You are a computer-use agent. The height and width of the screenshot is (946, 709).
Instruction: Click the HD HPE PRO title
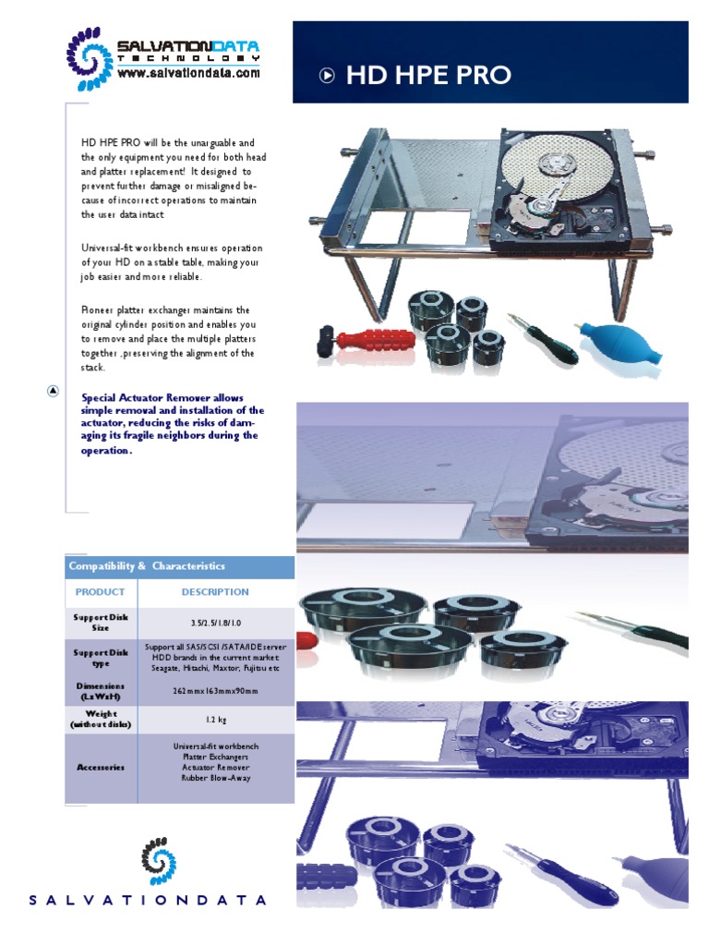(427, 76)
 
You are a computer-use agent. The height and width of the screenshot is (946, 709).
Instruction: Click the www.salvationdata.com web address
(188, 73)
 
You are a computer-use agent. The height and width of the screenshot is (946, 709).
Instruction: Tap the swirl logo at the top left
(90, 57)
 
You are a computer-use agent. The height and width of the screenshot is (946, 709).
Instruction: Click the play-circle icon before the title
(327, 76)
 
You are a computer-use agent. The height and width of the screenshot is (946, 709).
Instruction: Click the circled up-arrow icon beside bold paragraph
(54, 390)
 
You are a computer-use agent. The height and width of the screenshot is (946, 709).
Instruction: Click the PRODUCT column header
(100, 592)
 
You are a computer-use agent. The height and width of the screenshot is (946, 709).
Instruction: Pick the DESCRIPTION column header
(215, 592)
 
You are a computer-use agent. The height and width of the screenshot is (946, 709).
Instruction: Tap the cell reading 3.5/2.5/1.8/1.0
(215, 623)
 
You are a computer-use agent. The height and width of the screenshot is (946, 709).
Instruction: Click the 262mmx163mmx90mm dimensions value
(215, 691)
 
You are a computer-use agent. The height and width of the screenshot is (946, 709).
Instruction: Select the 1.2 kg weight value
(215, 719)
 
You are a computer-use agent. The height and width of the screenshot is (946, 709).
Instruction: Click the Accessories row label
(100, 768)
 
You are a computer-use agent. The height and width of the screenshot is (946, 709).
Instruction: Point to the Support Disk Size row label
(100, 623)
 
